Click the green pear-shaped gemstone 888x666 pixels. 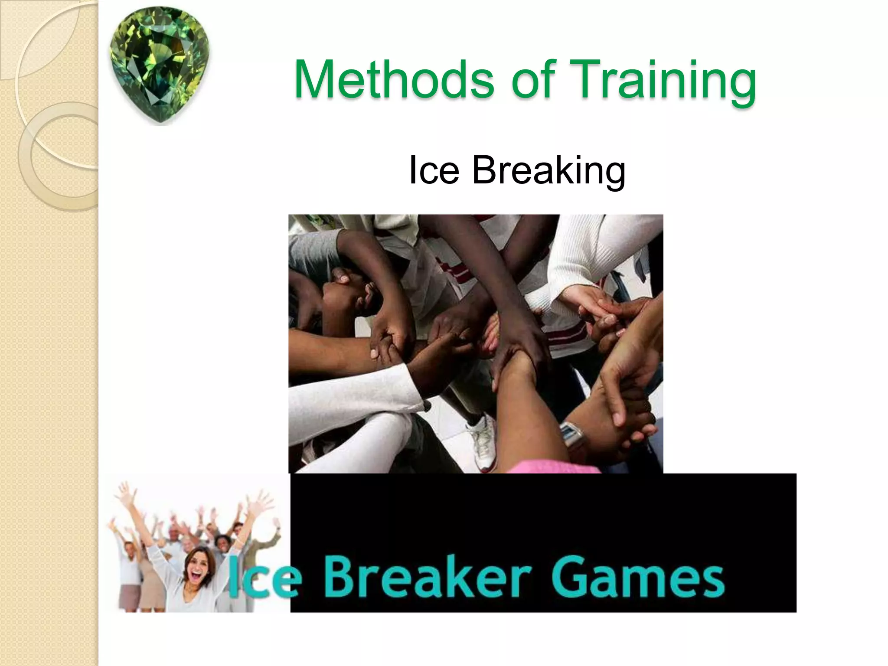point(160,65)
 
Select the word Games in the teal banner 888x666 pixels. point(637,578)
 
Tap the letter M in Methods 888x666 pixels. point(316,80)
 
